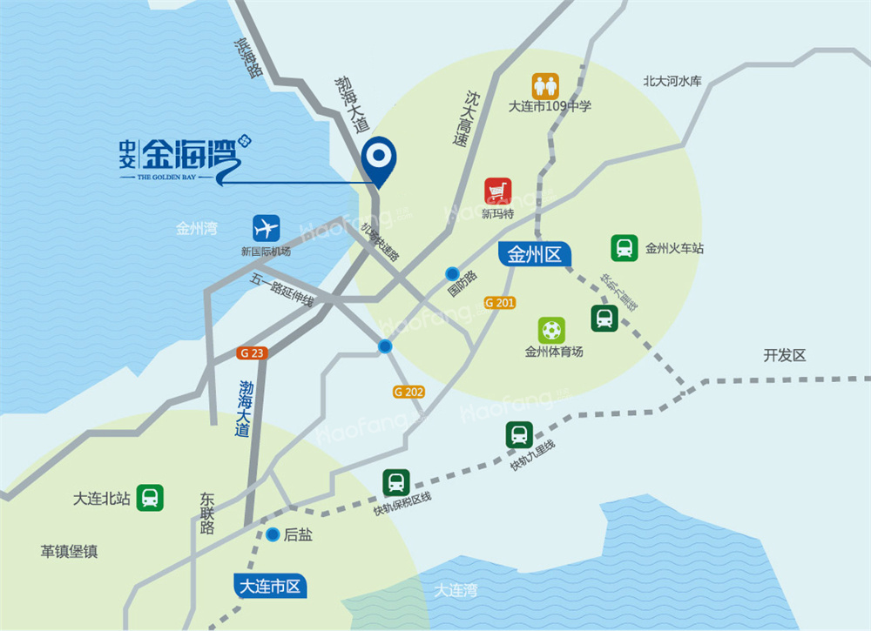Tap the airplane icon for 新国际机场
pos(267,229)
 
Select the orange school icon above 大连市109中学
pos(546,86)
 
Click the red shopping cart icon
pos(498,191)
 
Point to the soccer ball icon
pos(551,330)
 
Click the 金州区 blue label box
pos(535,255)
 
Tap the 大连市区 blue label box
pos(270,586)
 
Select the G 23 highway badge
pos(251,353)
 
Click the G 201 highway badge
pos(500,303)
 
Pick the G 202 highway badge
pos(408,392)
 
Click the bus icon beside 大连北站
pos(150,498)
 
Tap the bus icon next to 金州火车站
pos(625,248)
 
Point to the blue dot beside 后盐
pos(273,534)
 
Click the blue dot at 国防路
pos(452,272)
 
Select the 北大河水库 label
pos(672,81)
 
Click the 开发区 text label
pos(785,355)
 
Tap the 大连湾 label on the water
pos(456,591)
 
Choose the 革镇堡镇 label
pos(69,551)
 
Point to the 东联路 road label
pos(206,514)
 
